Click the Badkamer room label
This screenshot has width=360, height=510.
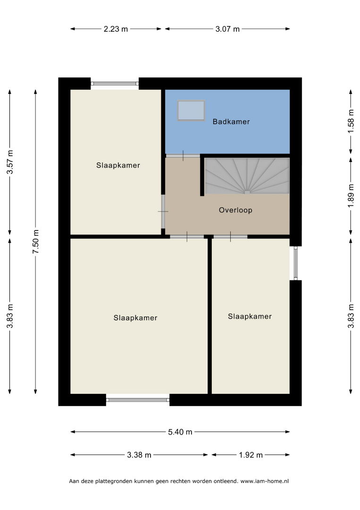pyautogui.click(x=231, y=122)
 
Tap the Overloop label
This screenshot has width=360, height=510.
pyautogui.click(x=235, y=210)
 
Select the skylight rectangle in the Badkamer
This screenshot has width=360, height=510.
pyautogui.click(x=191, y=110)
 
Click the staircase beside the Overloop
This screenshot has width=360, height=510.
pyautogui.click(x=247, y=176)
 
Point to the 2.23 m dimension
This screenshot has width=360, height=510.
pyautogui.click(x=116, y=29)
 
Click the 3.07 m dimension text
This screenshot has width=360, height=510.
pyautogui.click(x=227, y=29)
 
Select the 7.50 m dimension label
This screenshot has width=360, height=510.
pyautogui.click(x=36, y=242)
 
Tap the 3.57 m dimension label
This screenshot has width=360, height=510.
pyautogui.click(x=10, y=162)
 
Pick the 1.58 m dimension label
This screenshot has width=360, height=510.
pyautogui.click(x=351, y=121)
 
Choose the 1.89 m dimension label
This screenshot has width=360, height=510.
pyautogui.click(x=351, y=196)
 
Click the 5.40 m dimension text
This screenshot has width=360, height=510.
pyautogui.click(x=180, y=432)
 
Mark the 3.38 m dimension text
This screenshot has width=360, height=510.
pyautogui.click(x=139, y=455)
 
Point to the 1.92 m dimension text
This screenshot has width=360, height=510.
pyautogui.click(x=251, y=455)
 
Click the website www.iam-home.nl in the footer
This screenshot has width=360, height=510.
pyautogui.click(x=265, y=481)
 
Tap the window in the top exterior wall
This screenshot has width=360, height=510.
pyautogui.click(x=115, y=84)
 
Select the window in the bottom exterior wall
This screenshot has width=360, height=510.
pyautogui.click(x=138, y=400)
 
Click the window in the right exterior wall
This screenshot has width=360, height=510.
pyautogui.click(x=295, y=263)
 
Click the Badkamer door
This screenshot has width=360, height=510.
pyautogui.click(x=183, y=155)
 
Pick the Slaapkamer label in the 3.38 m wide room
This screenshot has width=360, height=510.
pyautogui.click(x=135, y=318)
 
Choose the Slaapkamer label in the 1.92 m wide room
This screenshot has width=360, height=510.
pyautogui.click(x=250, y=316)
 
